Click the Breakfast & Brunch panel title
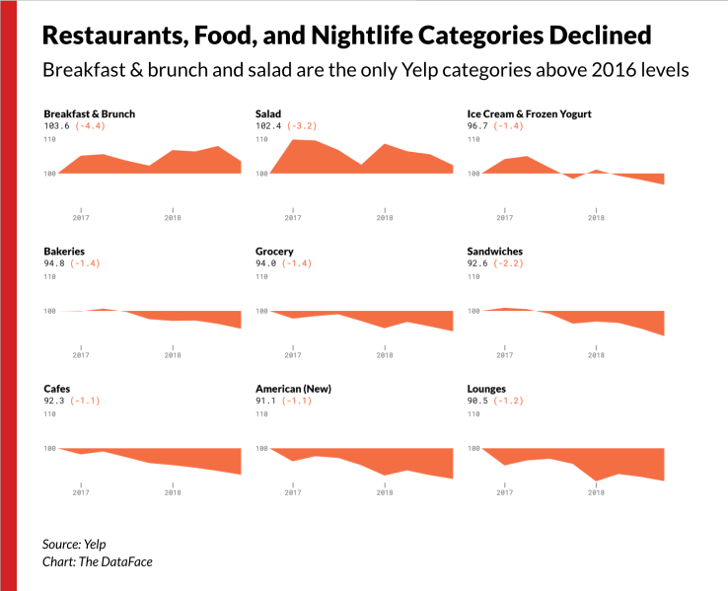(x=89, y=114)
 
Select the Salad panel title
(x=268, y=114)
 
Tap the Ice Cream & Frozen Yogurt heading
(x=529, y=114)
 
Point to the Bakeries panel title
(x=64, y=252)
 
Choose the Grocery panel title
(x=274, y=252)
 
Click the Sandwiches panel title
(x=494, y=252)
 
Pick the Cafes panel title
(x=57, y=389)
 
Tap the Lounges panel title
(x=486, y=389)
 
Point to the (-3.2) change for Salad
(x=304, y=126)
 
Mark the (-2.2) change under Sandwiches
(x=515, y=263)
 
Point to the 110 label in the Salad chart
(x=261, y=140)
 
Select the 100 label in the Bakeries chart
(x=49, y=312)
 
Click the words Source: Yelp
(x=74, y=545)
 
